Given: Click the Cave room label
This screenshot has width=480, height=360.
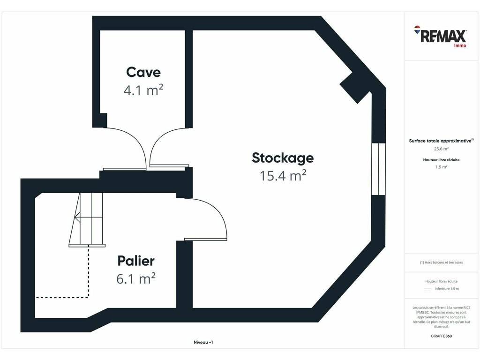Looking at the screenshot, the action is tap(143, 72).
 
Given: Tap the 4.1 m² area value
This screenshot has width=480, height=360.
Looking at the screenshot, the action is tap(143, 90).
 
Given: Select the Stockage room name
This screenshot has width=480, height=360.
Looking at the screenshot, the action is tap(283, 158).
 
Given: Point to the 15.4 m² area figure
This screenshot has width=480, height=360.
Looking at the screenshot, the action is tap(283, 176).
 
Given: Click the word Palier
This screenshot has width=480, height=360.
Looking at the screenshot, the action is tap(136, 261).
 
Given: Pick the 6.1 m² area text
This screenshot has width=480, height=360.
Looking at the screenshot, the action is tap(136, 278).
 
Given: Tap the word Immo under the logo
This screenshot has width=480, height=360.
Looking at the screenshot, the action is tap(460, 45).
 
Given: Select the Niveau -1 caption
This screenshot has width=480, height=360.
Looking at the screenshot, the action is tap(203, 342).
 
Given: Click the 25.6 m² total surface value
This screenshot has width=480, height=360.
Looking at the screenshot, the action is tap(441, 149).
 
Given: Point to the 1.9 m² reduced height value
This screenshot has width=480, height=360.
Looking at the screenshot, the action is tap(441, 167).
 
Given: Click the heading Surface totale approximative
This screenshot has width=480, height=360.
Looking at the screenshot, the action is tap(441, 141).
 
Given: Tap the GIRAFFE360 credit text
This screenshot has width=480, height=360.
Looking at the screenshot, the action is tap(441, 336).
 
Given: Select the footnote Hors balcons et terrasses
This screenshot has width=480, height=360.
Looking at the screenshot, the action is tap(441, 262).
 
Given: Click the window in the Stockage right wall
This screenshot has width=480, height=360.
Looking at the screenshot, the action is tap(378, 169).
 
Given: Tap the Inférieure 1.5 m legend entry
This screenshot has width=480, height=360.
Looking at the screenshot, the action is tap(441, 289).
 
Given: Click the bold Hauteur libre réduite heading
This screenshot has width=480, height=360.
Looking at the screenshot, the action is tap(441, 160).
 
